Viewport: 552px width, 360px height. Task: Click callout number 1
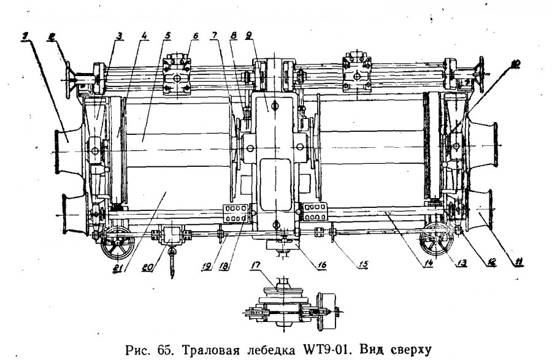coord(24,36)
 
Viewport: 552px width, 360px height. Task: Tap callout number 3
coord(120,36)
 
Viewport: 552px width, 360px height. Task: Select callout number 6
coord(194,36)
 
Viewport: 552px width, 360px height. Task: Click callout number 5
coord(167,36)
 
